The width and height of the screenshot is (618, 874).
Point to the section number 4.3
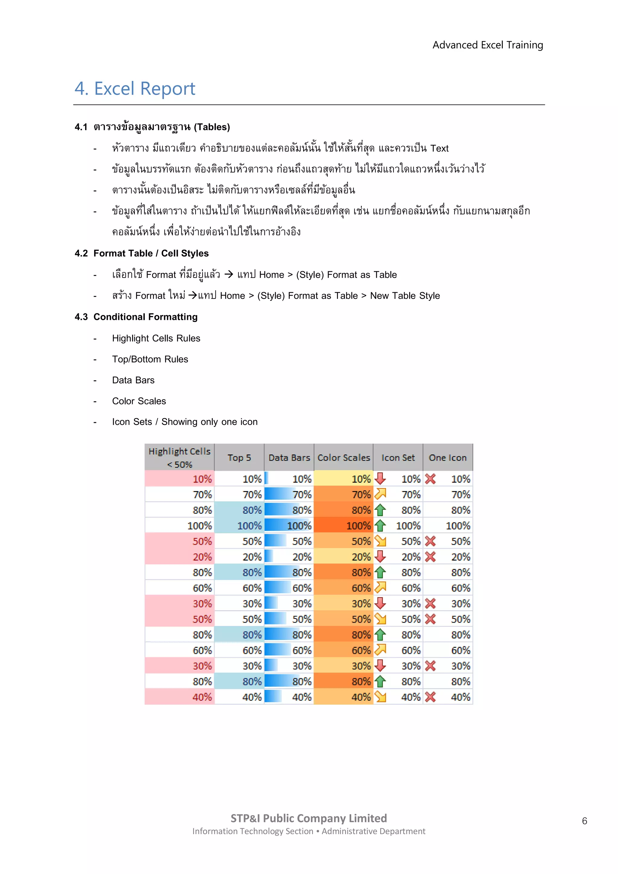81,317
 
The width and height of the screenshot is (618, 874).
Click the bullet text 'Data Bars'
133,380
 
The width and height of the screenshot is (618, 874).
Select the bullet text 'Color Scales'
139,401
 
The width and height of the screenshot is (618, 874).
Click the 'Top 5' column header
239,458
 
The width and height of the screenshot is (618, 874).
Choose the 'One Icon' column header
448,458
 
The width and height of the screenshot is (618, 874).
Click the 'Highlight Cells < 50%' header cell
179,458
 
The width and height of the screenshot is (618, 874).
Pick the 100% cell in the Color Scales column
344,526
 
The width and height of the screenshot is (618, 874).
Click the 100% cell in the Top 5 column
239,526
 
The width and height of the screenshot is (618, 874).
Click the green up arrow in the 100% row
380,526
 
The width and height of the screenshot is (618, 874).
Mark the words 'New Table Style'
405,296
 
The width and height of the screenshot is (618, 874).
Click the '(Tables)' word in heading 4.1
212,127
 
